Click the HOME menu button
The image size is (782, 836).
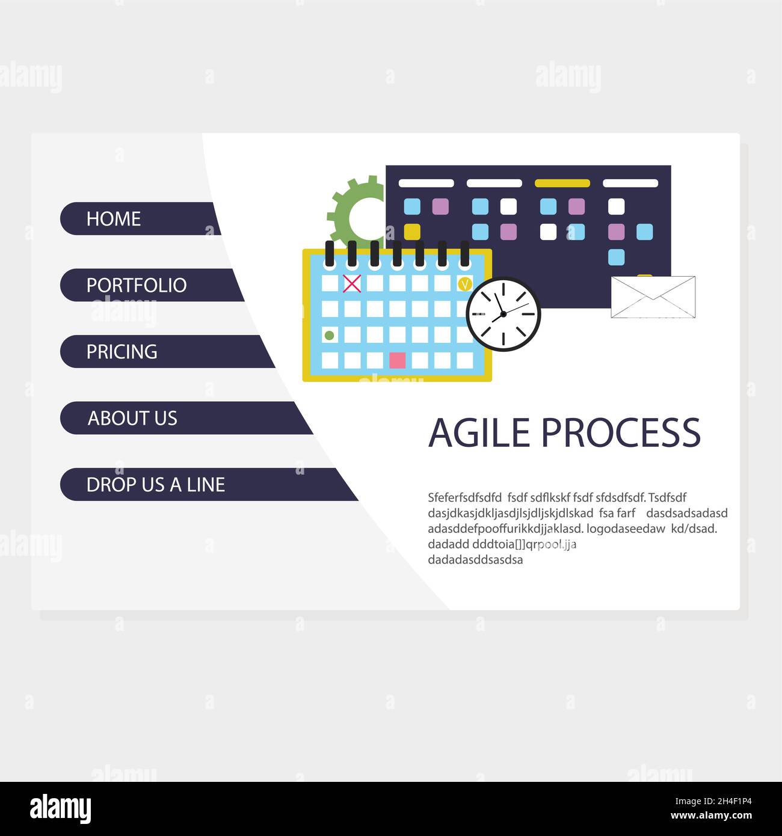(x=138, y=218)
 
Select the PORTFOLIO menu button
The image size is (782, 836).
(x=150, y=285)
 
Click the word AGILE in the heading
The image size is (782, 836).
(x=479, y=432)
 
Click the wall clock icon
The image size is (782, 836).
(x=503, y=314)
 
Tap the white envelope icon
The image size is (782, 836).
(x=653, y=297)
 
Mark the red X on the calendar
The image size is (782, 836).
(x=351, y=283)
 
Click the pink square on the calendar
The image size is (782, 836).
(x=397, y=360)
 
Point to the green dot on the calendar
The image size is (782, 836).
(x=329, y=334)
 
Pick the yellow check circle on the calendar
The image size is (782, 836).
(x=464, y=283)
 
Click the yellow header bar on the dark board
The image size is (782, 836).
(x=562, y=183)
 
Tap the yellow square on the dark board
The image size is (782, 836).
(x=412, y=232)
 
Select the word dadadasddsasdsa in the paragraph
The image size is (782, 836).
(x=475, y=560)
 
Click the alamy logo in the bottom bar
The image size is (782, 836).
(x=61, y=808)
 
